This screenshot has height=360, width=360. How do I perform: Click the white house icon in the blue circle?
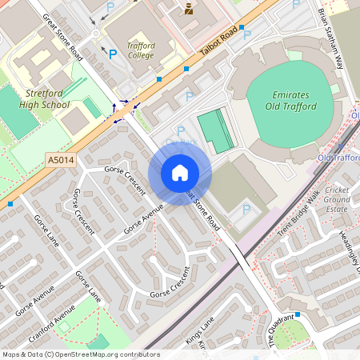tap(179, 173)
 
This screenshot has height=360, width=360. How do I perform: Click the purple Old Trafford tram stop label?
tap(338, 158)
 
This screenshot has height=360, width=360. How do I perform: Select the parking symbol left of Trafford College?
tap(113, 54)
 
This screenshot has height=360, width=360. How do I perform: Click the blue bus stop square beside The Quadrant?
tap(297, 314)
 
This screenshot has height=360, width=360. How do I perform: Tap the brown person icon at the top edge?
tap(189, 9)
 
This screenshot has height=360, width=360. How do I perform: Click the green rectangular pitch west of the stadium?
tap(216, 131)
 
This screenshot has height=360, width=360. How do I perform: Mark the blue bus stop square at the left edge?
tap(10, 204)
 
